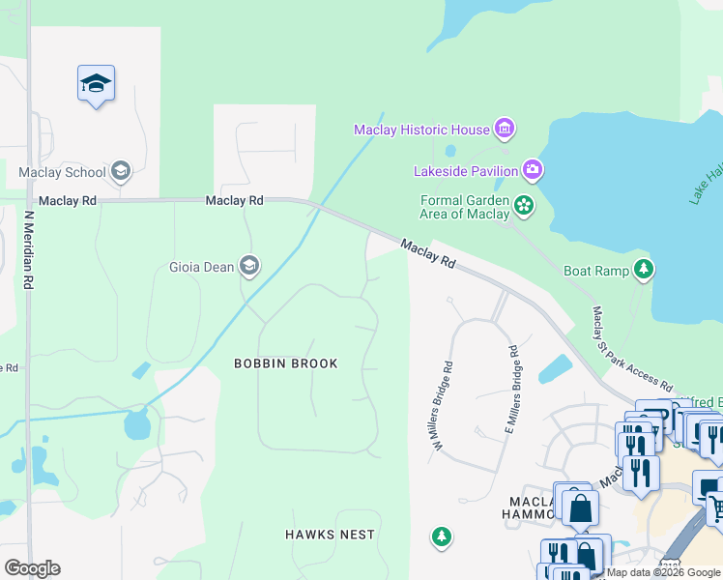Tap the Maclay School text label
pyautogui.click(x=62, y=173)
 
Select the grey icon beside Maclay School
pyautogui.click(x=121, y=173)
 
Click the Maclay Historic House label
pyautogui.click(x=421, y=130)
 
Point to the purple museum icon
pyautogui.click(x=504, y=129)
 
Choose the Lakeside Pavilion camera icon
pyautogui.click(x=533, y=171)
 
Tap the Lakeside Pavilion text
pyautogui.click(x=466, y=171)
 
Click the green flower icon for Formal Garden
pyautogui.click(x=523, y=204)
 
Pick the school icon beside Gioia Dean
pyautogui.click(x=249, y=266)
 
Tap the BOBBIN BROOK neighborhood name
pyautogui.click(x=286, y=363)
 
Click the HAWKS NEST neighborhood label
pyautogui.click(x=330, y=535)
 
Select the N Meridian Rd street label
pyautogui.click(x=30, y=249)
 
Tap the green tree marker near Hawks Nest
pyautogui.click(x=442, y=536)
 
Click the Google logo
pyautogui.click(x=32, y=568)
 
